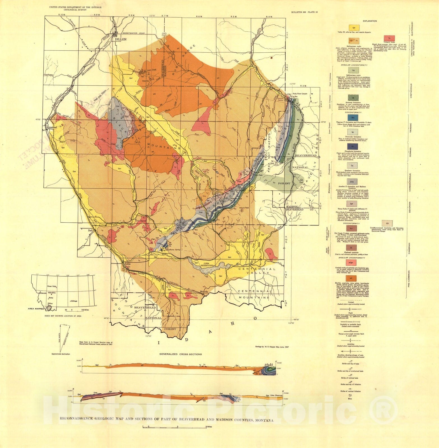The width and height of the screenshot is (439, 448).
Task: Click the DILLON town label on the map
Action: coord(121,39)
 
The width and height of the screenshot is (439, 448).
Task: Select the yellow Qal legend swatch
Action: coord(354,28)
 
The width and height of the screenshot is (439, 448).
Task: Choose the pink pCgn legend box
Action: coord(354,262)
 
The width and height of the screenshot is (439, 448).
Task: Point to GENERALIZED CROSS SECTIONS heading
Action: coord(181,354)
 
